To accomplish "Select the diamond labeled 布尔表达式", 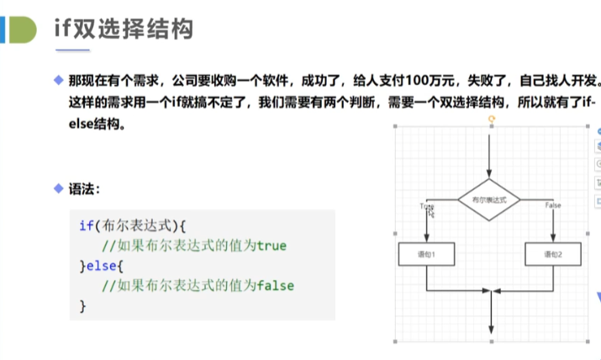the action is tap(489, 199).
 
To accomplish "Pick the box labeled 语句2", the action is tap(552, 253).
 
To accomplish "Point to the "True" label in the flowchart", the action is tap(426, 206).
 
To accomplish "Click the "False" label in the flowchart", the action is tap(553, 206).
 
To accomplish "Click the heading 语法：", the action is tap(87, 188).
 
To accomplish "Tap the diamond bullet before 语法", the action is tap(58, 188).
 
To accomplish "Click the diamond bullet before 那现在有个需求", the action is tap(58, 82).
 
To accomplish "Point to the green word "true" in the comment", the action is tap(272, 246).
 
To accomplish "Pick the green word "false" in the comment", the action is tap(277, 286).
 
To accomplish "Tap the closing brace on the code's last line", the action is tap(82, 306).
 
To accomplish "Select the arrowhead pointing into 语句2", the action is tap(552, 238).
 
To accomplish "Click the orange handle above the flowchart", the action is tap(490, 119).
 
